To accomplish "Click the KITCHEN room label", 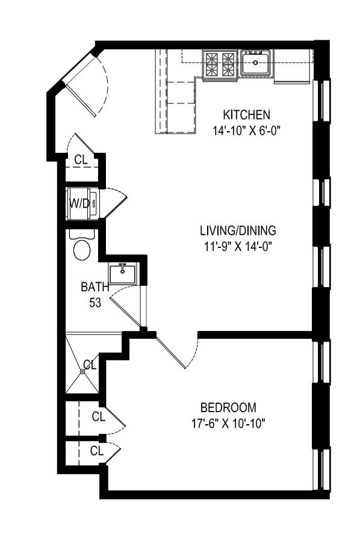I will (246, 114).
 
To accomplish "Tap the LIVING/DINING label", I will (238, 230).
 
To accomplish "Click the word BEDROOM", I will (228, 407).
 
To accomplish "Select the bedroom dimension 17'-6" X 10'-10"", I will (228, 422).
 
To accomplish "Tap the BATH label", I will (95, 287).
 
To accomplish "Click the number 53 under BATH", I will (95, 302).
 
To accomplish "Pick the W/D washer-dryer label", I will (79, 203).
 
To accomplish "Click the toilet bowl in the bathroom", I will (81, 249).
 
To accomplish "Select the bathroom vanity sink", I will (123, 273).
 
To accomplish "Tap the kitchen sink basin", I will (256, 63).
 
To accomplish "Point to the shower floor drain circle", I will (82, 372).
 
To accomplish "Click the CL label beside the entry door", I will (81, 160).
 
